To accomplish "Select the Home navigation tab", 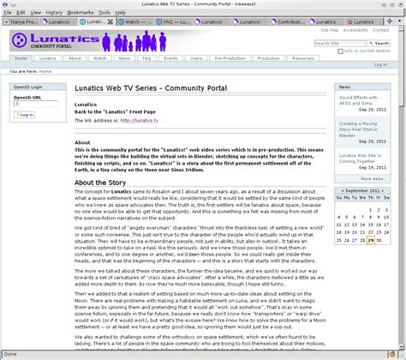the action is pyautogui.click(x=21, y=58).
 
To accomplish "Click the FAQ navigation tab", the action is pyautogui.click(x=146, y=58).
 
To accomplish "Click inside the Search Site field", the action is pyautogui.click(x=337, y=43).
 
